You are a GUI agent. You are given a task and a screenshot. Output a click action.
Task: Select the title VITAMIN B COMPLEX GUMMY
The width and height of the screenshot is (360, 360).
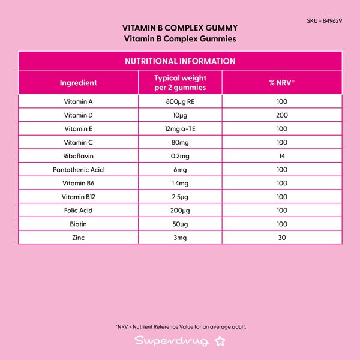point(180,28)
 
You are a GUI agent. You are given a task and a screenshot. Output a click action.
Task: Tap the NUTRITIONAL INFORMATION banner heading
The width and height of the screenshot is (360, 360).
point(180,61)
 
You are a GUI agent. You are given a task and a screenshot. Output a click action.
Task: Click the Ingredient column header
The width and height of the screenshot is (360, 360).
point(79,83)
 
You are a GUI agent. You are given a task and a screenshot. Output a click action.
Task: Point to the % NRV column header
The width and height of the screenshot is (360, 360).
point(282,83)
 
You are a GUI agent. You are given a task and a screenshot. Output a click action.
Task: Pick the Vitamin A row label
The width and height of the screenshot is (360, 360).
point(79,101)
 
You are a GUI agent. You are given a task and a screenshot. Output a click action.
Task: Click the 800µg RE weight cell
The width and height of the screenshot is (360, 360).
point(180,101)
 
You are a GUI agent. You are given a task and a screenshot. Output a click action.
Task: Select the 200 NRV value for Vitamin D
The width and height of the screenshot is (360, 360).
point(282,115)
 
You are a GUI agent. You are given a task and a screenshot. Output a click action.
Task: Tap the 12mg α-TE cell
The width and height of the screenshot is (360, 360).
point(180,128)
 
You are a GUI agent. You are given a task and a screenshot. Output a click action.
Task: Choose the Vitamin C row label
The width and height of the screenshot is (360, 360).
point(79,142)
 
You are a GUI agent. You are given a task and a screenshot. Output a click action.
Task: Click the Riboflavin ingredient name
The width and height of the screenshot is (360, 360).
point(79,156)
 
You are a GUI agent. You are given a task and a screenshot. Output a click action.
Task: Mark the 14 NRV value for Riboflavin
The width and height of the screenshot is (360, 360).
point(282,156)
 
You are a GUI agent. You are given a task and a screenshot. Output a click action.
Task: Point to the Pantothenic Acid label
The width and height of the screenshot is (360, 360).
point(79,170)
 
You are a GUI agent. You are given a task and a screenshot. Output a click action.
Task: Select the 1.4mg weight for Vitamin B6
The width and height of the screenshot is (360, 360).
point(180,184)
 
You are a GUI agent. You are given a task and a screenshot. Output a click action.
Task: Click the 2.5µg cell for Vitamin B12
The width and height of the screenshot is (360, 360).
point(180,197)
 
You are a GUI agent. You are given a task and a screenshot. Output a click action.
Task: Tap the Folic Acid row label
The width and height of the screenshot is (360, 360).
point(79,211)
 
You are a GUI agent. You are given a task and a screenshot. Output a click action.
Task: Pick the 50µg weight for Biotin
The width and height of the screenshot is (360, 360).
point(180,224)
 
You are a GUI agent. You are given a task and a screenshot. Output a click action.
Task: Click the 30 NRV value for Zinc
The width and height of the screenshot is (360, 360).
point(282,238)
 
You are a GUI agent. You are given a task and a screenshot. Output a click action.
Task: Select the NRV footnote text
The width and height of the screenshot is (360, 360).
point(180,327)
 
